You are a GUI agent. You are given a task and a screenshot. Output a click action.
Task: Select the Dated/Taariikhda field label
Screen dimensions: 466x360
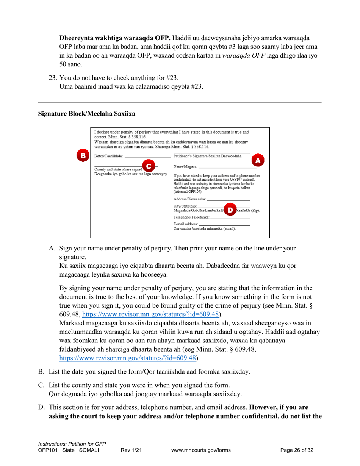pyautogui.click(x=108, y=156)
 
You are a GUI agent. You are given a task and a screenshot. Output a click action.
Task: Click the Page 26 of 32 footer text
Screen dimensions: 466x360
pyautogui.click(x=296, y=450)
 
